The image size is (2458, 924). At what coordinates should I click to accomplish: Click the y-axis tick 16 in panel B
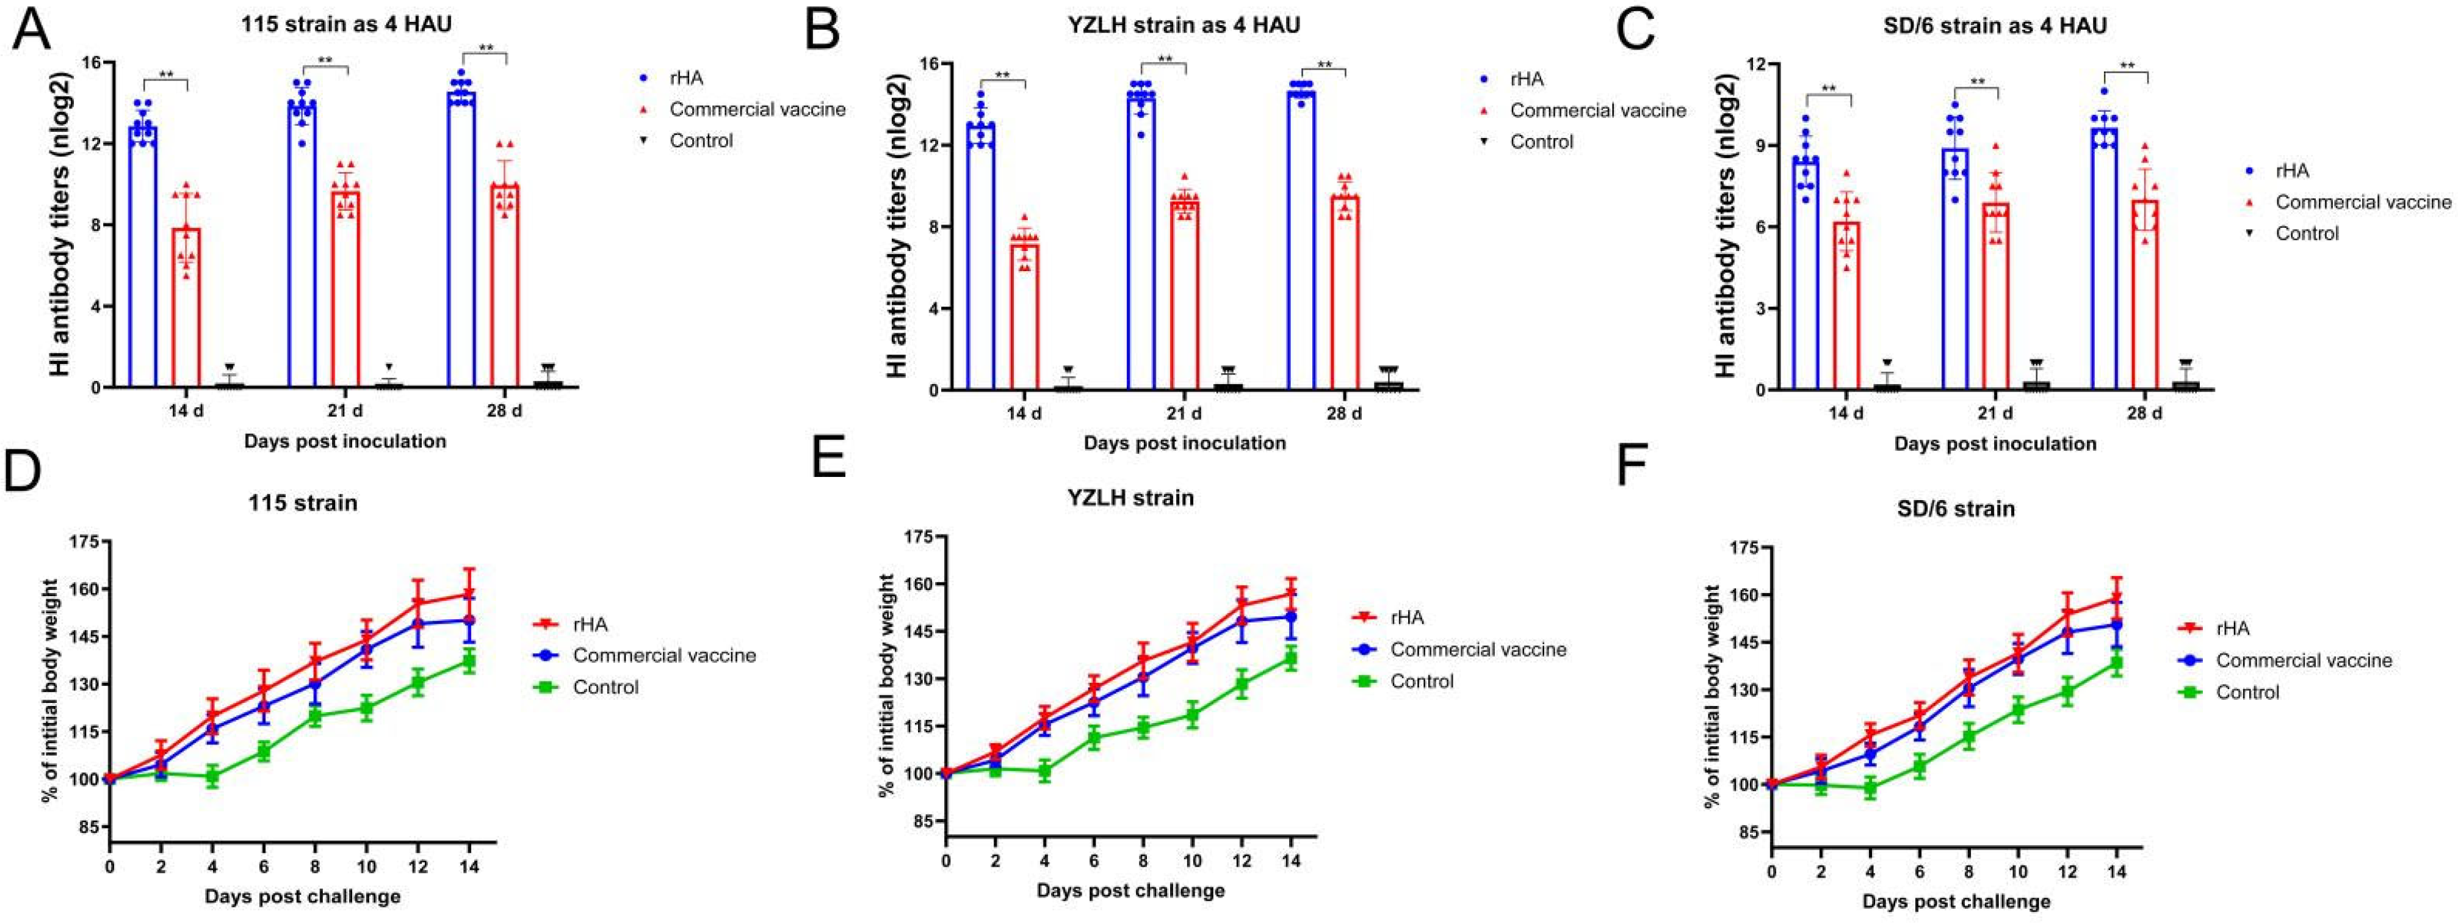click(928, 64)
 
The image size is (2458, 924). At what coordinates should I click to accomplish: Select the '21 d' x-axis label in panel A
click(344, 412)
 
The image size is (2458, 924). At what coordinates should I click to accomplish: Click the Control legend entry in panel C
click(2306, 233)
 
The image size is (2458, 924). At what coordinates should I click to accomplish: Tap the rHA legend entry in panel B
click(1527, 79)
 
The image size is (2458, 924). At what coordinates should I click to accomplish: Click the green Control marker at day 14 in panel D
click(469, 661)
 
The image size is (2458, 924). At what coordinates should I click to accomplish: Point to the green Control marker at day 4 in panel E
click(1045, 771)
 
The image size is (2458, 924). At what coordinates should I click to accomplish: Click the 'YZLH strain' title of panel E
click(1130, 497)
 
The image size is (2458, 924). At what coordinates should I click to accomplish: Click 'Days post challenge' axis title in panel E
click(1130, 890)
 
